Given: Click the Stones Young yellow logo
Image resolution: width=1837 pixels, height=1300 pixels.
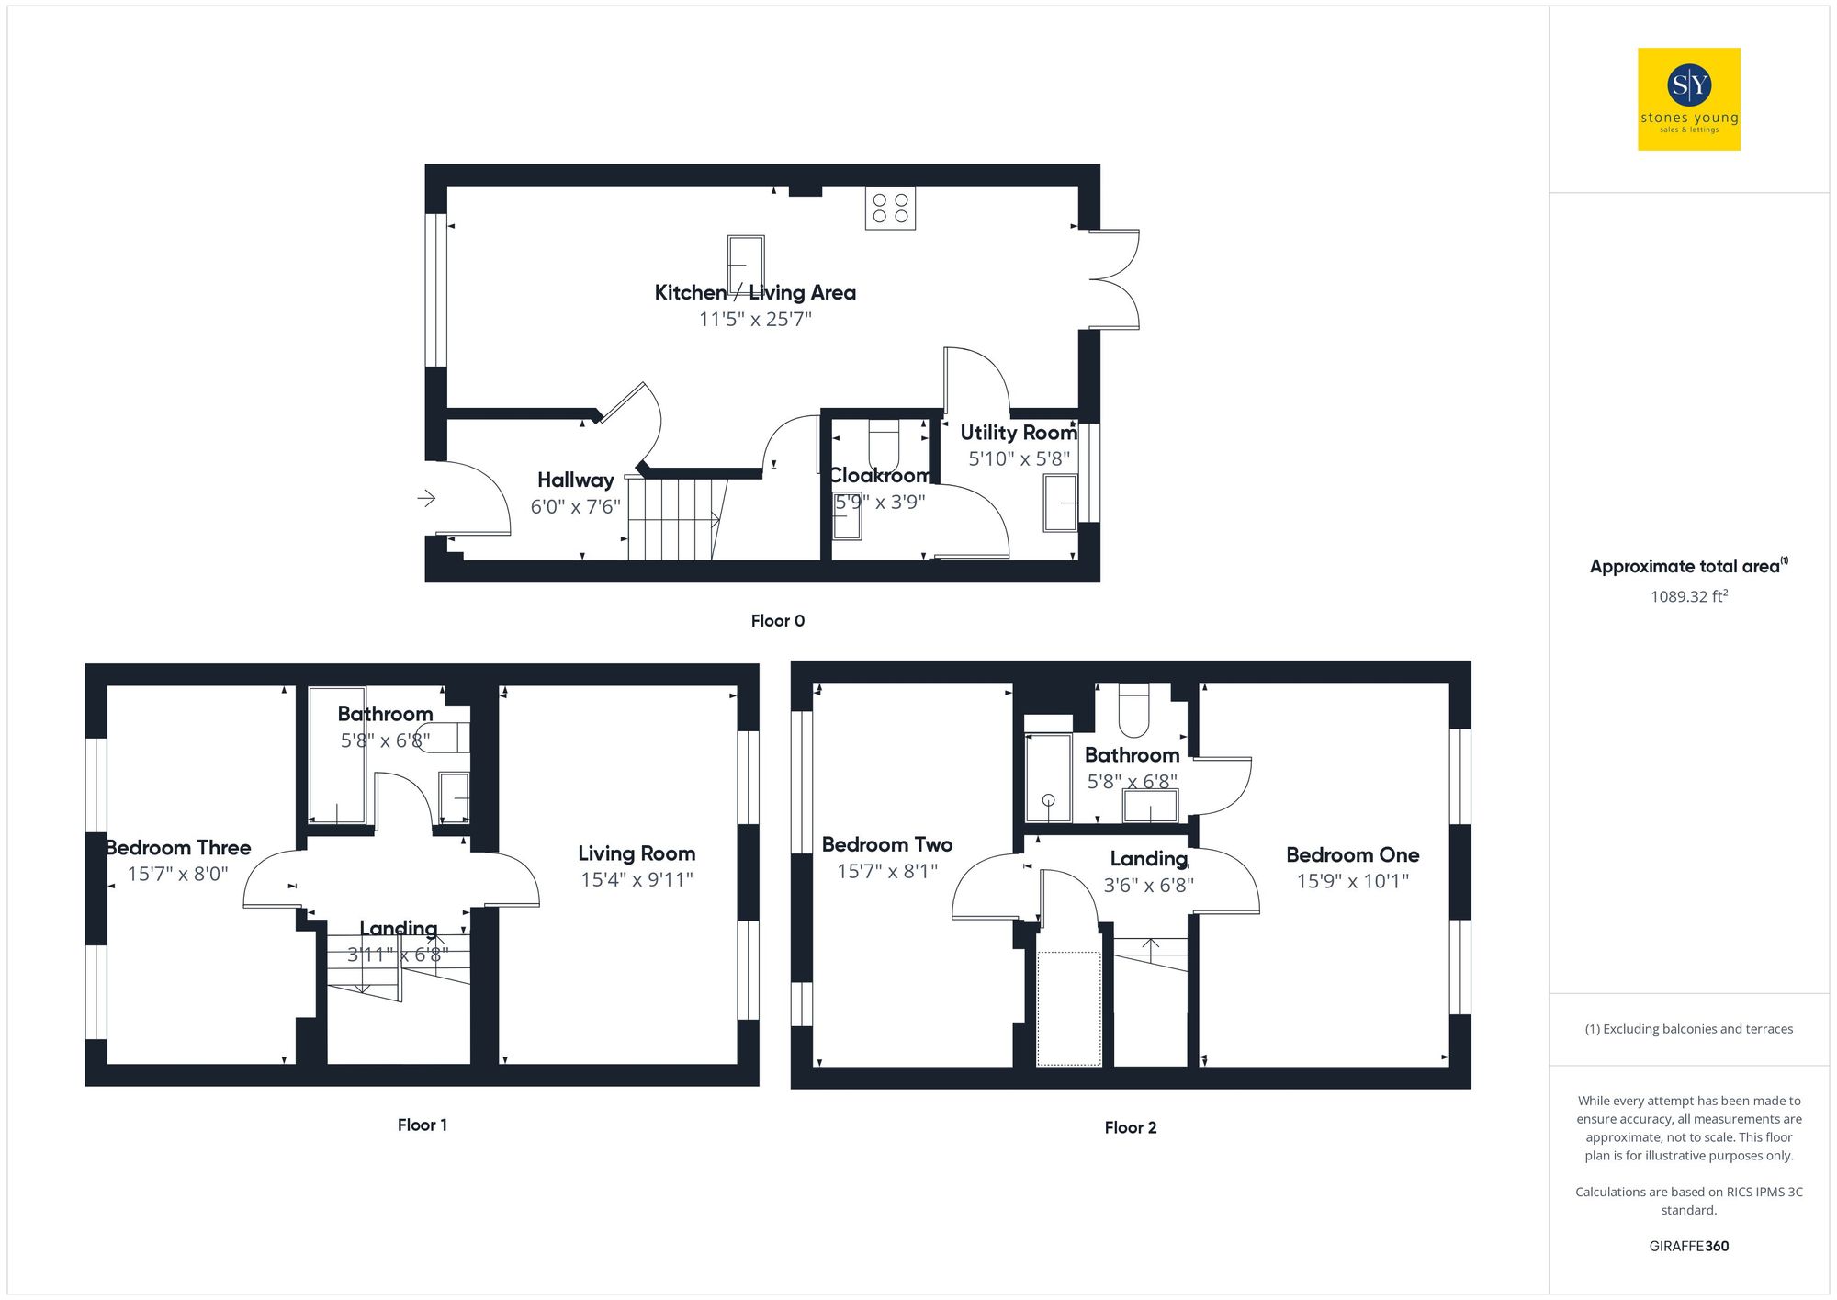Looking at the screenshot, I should pyautogui.click(x=1688, y=99).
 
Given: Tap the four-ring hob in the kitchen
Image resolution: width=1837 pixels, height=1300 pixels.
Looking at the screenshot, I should pyautogui.click(x=890, y=209).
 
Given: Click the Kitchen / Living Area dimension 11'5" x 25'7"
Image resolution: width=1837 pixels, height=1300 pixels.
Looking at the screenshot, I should pyautogui.click(x=755, y=320).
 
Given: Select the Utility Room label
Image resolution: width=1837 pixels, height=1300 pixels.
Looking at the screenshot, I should pyautogui.click(x=1018, y=433).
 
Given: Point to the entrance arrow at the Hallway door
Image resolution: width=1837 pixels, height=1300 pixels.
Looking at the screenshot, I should pyautogui.click(x=426, y=498).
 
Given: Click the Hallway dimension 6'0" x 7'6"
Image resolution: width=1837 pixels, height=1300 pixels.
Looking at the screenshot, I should pyautogui.click(x=576, y=507).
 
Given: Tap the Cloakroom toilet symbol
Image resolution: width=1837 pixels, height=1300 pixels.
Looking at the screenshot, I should pyautogui.click(x=884, y=445).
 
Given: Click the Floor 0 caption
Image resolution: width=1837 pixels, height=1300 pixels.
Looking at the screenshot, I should pyautogui.click(x=777, y=621).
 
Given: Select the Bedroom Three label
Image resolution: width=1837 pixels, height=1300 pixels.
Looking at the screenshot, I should pyautogui.click(x=178, y=848).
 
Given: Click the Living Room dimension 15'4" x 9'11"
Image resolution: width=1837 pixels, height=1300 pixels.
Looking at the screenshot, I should pyautogui.click(x=637, y=880).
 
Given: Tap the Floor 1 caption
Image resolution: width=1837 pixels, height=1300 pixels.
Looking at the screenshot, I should pyautogui.click(x=422, y=1125).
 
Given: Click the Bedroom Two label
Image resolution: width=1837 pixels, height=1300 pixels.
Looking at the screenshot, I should pyautogui.click(x=886, y=845).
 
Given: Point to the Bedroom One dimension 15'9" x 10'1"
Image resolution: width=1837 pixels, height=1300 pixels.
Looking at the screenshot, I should pyautogui.click(x=1352, y=882).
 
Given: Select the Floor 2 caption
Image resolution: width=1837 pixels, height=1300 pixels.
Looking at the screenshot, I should pyautogui.click(x=1130, y=1128).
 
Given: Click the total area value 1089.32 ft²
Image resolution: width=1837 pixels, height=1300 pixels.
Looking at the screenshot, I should pyautogui.click(x=1688, y=597).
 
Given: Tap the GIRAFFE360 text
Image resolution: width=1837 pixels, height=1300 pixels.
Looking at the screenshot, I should pyautogui.click(x=1688, y=1247).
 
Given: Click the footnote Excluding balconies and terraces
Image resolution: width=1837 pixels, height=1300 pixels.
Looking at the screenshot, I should pyautogui.click(x=1688, y=1029).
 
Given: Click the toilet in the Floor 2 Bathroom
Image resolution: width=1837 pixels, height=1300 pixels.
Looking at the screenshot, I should pyautogui.click(x=1134, y=712).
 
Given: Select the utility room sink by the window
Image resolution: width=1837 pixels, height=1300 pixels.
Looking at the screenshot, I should pyautogui.click(x=1060, y=503).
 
